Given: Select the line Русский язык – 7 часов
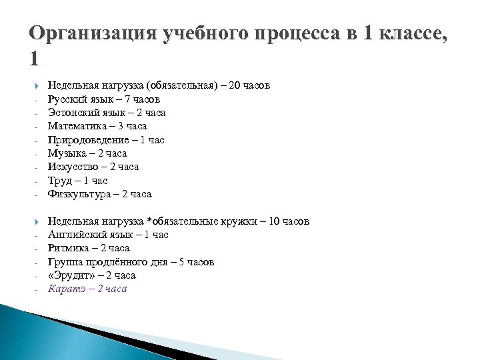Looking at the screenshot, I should pos(103,99).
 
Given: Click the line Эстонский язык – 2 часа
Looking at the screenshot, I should pos(107,113).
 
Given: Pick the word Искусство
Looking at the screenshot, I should pos(74,167).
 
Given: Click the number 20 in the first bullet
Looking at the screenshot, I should pos(234,85).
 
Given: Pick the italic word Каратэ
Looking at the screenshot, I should pos(66,289).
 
